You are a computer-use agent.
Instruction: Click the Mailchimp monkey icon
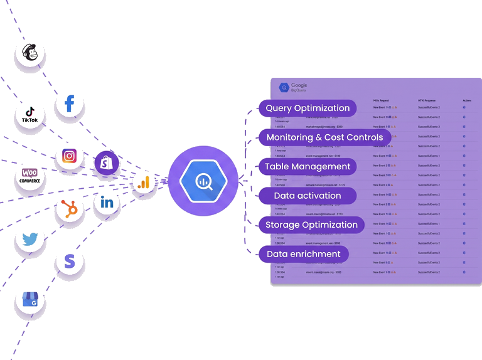point(29,53)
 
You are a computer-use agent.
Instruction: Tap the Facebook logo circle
point(70,103)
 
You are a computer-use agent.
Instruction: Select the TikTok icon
point(29,114)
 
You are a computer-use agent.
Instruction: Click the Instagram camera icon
point(70,156)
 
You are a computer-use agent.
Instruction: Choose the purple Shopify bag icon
point(107,163)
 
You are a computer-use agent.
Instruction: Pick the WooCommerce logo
point(29,176)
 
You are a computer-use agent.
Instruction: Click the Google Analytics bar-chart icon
point(144,183)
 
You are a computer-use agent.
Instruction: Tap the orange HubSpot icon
point(70,209)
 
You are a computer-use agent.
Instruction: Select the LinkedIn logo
point(107,202)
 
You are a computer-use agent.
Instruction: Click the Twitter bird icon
point(29,238)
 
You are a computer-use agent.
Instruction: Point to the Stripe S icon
point(70,261)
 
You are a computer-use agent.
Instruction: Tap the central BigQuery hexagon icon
point(203,181)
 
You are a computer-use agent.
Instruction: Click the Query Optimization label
point(307,108)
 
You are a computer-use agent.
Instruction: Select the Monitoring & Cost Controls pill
point(324,137)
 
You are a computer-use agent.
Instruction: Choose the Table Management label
point(307,166)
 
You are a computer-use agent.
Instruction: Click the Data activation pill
point(307,196)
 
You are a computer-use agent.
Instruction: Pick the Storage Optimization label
point(311,225)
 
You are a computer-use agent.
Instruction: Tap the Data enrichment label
point(303,254)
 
